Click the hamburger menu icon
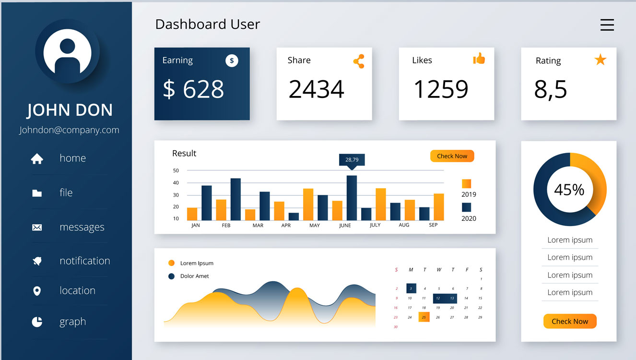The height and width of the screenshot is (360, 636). pos(607,25)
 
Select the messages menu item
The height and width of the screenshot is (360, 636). pos(82,227)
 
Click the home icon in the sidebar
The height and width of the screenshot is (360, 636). pos(37,159)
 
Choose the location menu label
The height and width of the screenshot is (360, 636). pos(77,290)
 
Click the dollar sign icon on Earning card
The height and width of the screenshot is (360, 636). pos(232,60)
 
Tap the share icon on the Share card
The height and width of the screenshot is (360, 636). pos(359,61)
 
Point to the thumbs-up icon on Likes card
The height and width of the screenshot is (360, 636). pos(479,59)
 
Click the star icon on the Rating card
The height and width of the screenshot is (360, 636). pos(600,60)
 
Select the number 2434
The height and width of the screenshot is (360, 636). pos(316,89)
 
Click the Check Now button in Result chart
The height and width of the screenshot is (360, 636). pos(452,156)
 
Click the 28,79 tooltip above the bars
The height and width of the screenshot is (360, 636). pos(352,160)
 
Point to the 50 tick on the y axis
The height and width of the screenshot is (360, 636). pos(176,170)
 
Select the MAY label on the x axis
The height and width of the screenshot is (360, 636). pos(315,225)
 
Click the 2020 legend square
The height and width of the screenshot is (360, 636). pos(466,207)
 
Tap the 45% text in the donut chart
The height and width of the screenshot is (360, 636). pos(569,190)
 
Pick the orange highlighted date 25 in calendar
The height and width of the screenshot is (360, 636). pos(424,317)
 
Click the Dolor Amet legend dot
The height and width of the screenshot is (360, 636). pos(171,276)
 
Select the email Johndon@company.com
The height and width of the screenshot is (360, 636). pos(69,130)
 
